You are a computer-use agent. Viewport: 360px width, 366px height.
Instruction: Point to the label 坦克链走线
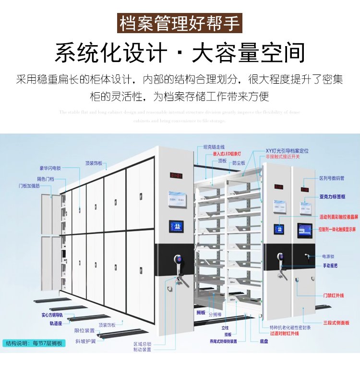tap(214, 147)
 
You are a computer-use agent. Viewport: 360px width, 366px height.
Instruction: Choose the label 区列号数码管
tap(332, 178)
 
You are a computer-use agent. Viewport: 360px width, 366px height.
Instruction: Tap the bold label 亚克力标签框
tap(333, 197)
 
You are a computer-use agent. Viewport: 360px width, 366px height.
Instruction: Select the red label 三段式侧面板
tap(336, 323)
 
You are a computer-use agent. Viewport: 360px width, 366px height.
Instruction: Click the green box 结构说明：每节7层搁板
tap(34, 343)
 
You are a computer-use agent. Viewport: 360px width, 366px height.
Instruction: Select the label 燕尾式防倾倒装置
tap(223, 342)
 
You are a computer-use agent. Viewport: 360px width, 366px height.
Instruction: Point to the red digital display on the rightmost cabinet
tap(305, 189)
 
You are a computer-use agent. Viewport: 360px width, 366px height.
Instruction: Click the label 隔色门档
tap(46, 177)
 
